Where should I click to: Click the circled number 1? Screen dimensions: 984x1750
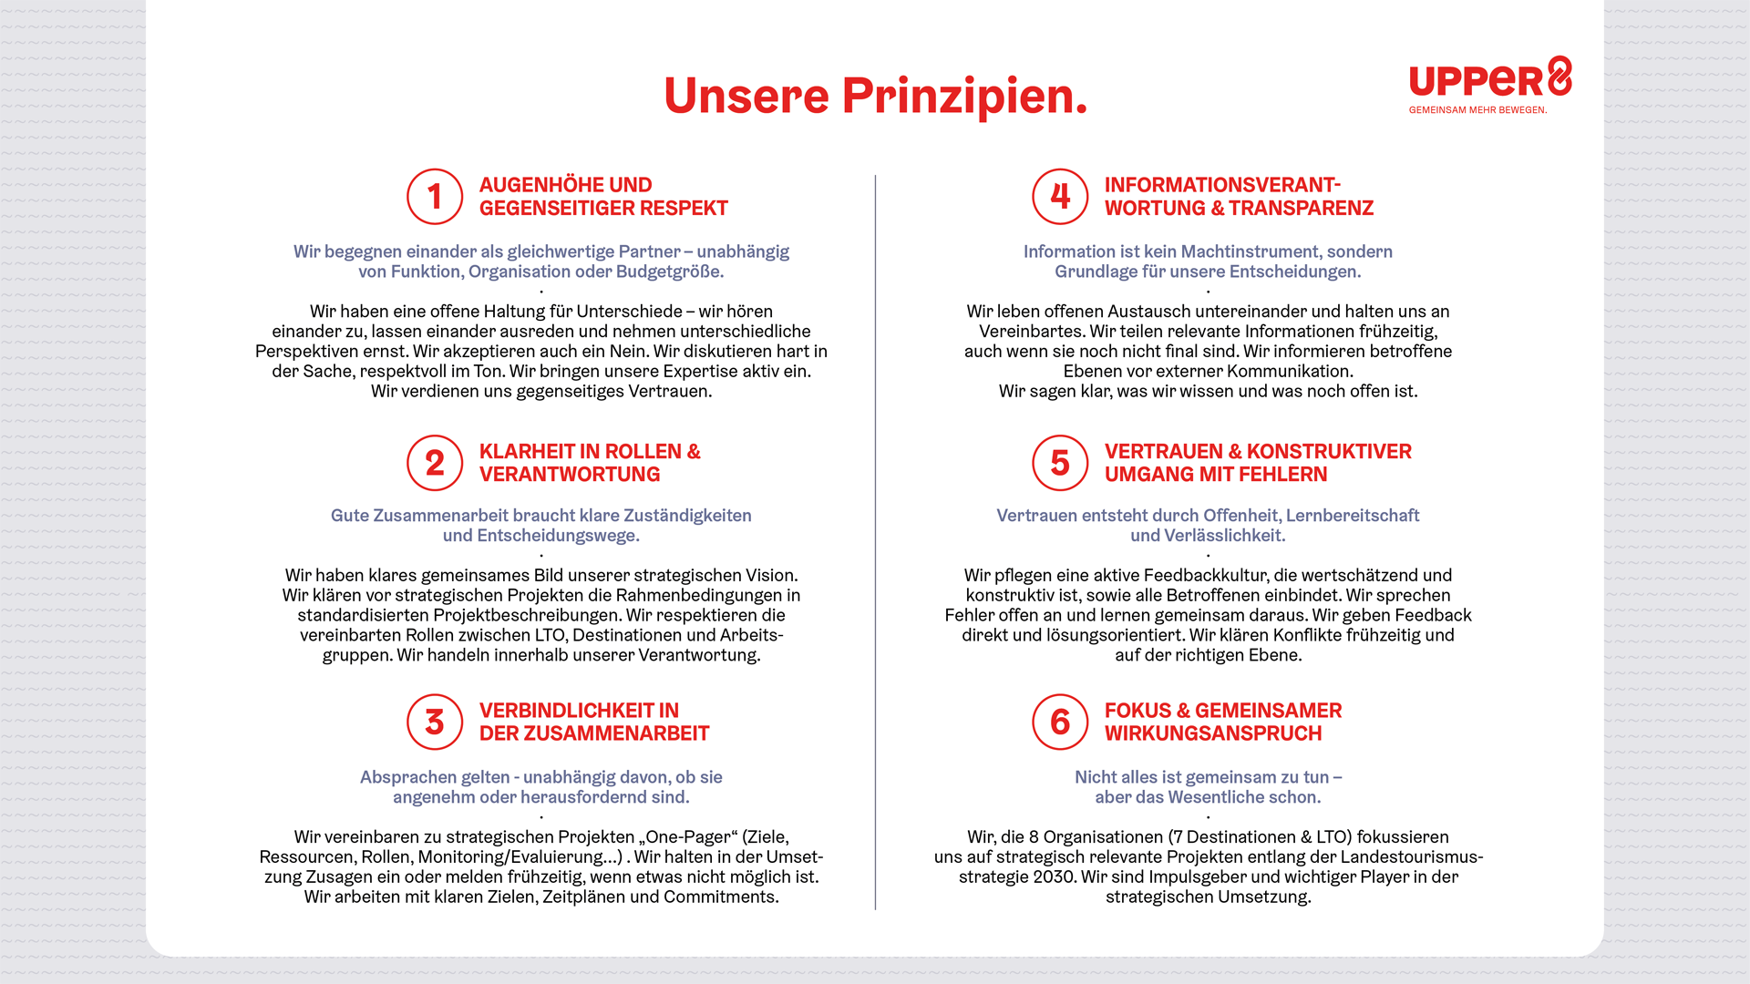pyautogui.click(x=435, y=196)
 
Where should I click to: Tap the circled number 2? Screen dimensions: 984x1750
pyautogui.click(x=435, y=463)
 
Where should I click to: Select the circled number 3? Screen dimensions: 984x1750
pyautogui.click(x=435, y=722)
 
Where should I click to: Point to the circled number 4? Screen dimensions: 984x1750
pyautogui.click(x=1060, y=196)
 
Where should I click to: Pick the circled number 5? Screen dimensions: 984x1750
pyautogui.click(x=1060, y=463)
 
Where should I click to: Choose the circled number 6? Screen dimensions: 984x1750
pyautogui.click(x=1060, y=722)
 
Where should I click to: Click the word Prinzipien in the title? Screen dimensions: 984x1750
pyautogui.click(x=964, y=96)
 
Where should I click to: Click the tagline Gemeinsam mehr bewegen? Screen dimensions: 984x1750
pyautogui.click(x=1477, y=110)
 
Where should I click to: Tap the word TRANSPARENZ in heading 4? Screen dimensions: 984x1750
pyautogui.click(x=1303, y=209)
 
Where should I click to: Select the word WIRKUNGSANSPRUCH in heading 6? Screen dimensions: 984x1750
pyautogui.click(x=1212, y=733)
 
